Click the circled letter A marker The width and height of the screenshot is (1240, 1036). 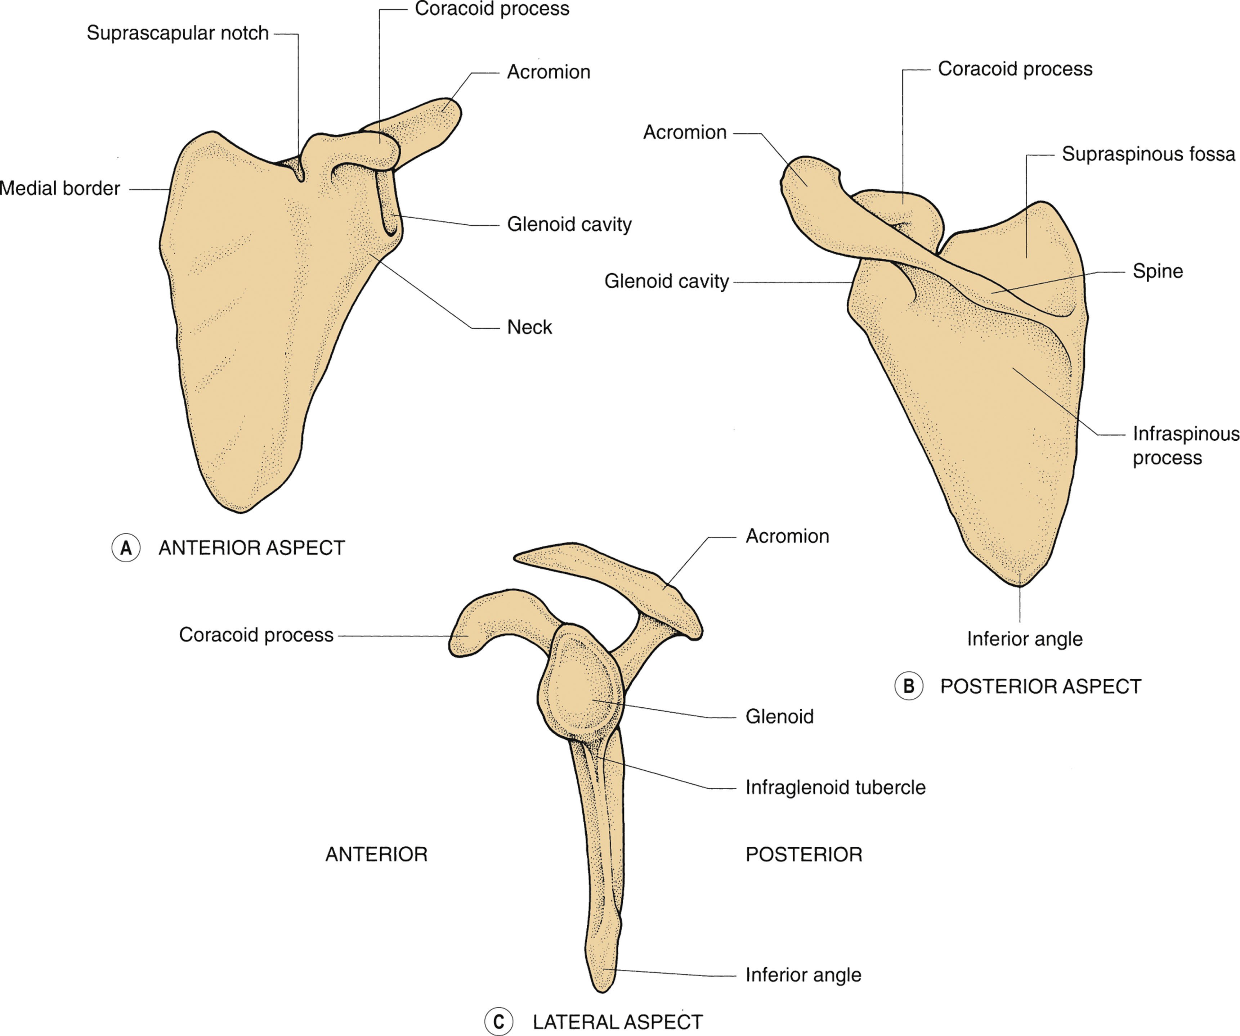126,548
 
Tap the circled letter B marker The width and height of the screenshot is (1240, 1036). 909,686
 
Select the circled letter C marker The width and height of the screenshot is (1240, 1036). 498,1022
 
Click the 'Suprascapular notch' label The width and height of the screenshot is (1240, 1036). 178,33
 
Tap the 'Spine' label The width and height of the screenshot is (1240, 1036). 1157,271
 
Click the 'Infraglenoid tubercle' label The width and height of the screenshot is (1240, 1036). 835,788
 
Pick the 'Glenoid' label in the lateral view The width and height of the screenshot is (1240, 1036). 779,717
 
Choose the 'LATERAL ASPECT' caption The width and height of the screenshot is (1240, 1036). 618,1022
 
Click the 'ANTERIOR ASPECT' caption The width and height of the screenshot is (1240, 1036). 251,548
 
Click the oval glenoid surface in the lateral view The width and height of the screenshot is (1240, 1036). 582,688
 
